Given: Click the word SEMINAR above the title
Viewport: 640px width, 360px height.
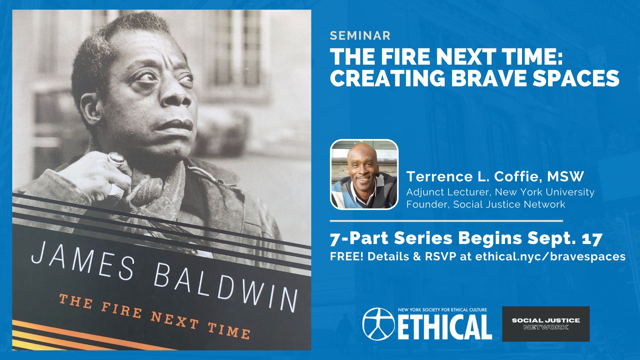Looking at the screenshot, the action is click(x=360, y=36).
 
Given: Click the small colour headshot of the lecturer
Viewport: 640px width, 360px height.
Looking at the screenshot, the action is click(x=364, y=174).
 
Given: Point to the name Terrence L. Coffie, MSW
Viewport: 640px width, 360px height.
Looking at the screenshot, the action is click(x=495, y=177).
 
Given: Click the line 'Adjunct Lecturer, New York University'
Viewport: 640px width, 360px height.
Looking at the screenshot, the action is click(x=500, y=192).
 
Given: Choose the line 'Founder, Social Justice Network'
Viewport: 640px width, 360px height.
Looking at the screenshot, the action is click(x=486, y=204).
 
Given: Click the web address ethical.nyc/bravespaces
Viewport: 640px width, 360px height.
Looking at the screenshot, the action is click(x=550, y=256).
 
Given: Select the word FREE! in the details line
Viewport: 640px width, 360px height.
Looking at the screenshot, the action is click(x=347, y=256).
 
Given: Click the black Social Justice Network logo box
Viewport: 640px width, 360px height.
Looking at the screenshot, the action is click(x=546, y=324).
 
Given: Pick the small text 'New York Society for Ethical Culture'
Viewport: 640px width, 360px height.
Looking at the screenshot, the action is click(x=442, y=310).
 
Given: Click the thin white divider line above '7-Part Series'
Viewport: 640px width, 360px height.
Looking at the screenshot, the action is click(x=446, y=221).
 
